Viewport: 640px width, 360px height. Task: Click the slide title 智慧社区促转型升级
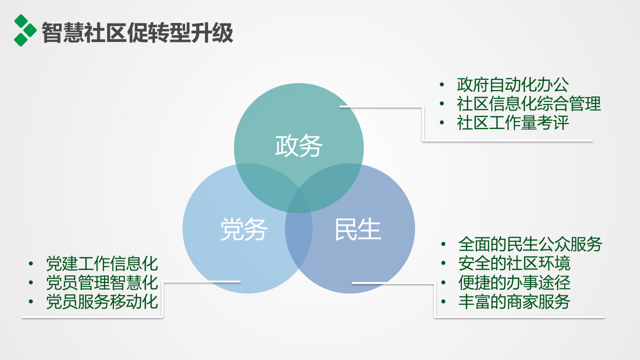(137, 33)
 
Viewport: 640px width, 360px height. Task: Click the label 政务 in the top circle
(299, 146)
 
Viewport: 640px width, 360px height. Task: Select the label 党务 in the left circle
(244, 229)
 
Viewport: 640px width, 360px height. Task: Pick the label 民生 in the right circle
(358, 229)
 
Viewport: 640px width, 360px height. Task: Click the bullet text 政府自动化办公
(512, 85)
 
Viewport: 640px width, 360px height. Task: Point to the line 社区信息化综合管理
(528, 104)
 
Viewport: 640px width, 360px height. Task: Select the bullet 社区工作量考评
(512, 123)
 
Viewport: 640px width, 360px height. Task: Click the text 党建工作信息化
(102, 263)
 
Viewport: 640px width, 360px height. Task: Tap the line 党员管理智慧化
(102, 282)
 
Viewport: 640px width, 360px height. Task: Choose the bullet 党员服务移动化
(102, 301)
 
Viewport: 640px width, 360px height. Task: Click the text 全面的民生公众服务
(530, 244)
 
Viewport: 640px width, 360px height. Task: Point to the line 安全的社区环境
(514, 263)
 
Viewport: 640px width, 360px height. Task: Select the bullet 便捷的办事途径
(514, 282)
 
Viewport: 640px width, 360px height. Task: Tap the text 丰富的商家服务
(514, 301)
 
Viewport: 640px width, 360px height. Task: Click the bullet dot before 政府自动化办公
(441, 85)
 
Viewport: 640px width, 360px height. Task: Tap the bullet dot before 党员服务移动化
(31, 301)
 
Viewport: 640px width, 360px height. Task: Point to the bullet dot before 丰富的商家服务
(443, 301)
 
